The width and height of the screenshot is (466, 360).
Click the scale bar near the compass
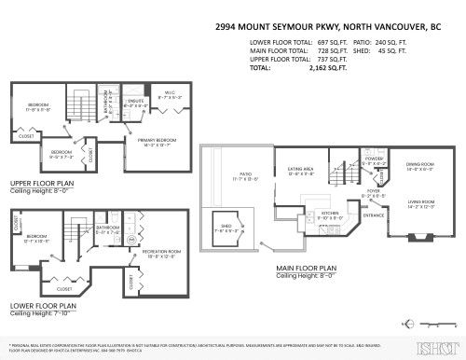click(432, 325)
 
